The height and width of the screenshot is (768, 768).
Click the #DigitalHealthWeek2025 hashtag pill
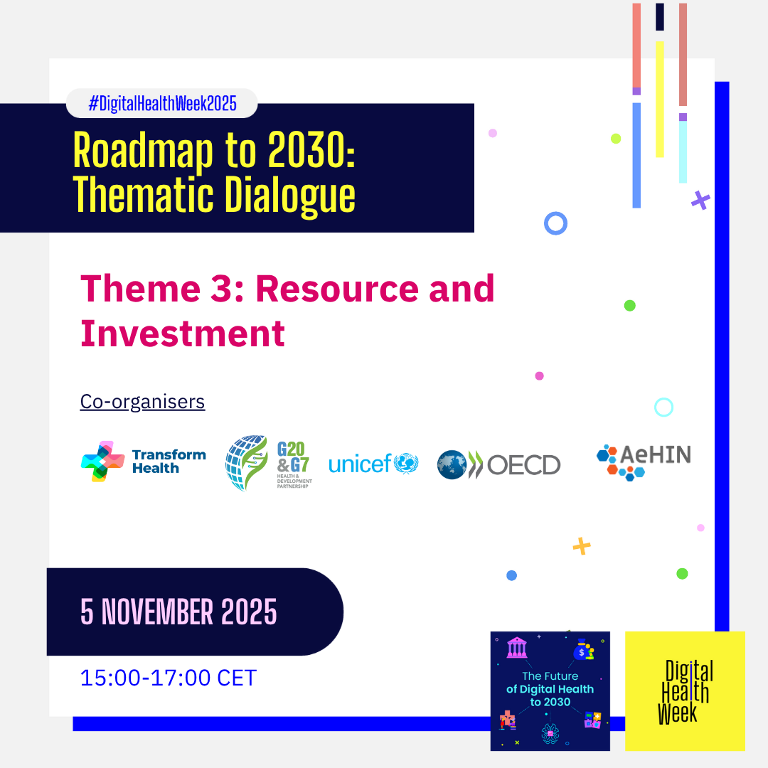pos(161,104)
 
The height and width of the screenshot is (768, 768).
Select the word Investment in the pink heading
pos(183,334)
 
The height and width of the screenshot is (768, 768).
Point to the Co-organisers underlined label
pos(142,402)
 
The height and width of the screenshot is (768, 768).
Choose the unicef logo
pos(373,464)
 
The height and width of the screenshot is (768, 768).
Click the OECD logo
pos(498,465)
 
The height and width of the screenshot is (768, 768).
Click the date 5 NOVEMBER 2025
pos(178,612)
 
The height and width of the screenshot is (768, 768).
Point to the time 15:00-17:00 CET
pos(168,678)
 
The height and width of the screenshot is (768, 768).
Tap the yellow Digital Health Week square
pos(685,690)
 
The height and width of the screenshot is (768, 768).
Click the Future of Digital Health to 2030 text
pos(550,688)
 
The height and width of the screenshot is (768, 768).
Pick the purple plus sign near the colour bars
pos(700,201)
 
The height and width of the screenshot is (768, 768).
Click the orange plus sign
pos(582,546)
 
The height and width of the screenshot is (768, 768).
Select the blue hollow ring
pos(555,223)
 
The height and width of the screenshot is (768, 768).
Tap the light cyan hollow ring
pos(663,407)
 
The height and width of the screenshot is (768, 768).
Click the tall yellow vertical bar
pos(659,99)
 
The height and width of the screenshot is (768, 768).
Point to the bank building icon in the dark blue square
pos(517,648)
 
